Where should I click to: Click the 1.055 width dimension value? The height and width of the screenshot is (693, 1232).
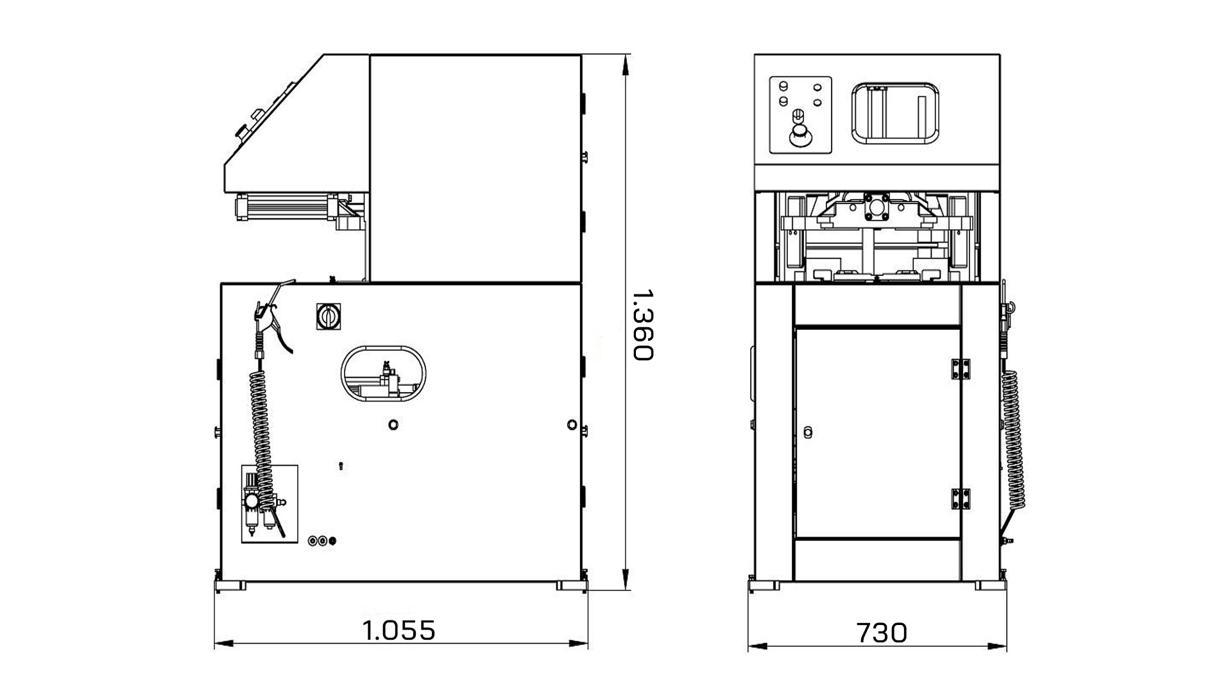pos(399,630)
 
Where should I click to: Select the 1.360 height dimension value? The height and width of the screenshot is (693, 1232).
pos(642,325)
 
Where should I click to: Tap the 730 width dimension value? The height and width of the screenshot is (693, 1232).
pos(882,633)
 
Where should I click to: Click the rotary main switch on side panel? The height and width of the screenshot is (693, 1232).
pos(329,316)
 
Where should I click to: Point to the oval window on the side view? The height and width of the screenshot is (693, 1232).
pos(384,375)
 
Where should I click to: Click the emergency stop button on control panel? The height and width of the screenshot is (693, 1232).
pos(800,137)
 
